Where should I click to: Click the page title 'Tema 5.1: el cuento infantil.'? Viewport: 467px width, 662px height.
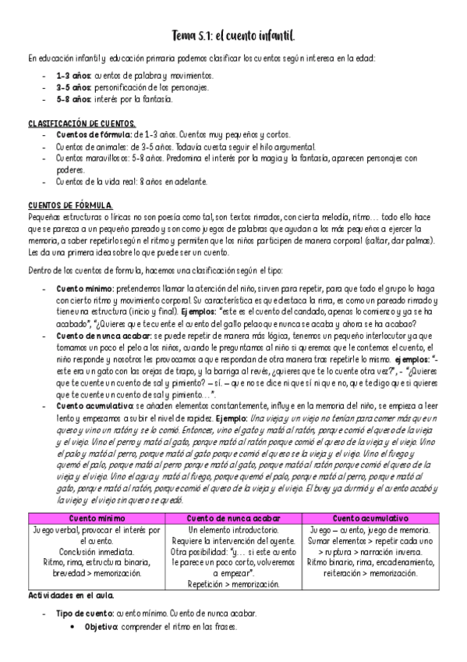click(x=232, y=37)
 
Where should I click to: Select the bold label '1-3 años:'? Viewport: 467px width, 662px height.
click(x=73, y=76)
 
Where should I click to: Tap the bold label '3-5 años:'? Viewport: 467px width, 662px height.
click(x=73, y=87)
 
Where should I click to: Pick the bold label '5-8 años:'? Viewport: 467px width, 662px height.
click(x=73, y=99)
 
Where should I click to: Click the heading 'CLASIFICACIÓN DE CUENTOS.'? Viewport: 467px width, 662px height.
click(x=82, y=124)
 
